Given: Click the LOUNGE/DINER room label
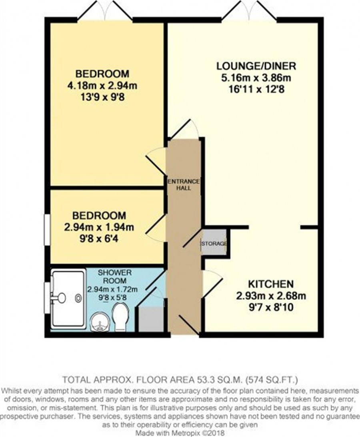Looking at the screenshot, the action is click(256, 66).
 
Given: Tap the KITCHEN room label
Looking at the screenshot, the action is click(271, 284).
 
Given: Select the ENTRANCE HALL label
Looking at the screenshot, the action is click(184, 184).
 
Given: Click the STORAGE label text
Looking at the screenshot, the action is click(214, 243).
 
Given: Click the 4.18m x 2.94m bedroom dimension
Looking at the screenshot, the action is click(102, 86).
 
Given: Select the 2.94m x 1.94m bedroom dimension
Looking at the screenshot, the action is click(99, 227).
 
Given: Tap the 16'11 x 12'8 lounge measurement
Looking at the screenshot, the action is click(256, 90).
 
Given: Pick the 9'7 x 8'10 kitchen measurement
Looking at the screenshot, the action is click(271, 307).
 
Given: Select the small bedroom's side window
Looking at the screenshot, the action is click(48, 229).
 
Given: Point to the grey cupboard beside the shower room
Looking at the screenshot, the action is click(151, 319).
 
